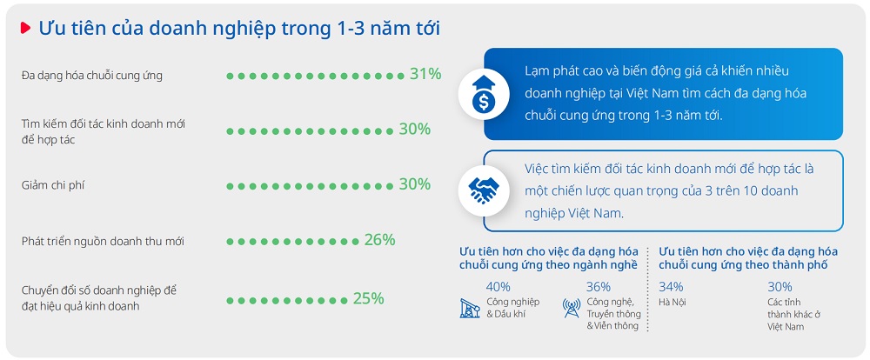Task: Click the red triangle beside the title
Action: pos(25,29)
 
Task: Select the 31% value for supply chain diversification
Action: pos(425,74)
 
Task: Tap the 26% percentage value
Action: pos(379,240)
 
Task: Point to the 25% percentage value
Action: pos(368,299)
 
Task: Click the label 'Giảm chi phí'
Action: pos(53,185)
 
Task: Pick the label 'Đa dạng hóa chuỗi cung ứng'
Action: pos(92,76)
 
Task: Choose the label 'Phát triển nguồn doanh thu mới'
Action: pos(104,241)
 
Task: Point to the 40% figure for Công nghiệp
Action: pos(499,287)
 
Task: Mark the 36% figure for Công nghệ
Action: pos(599,287)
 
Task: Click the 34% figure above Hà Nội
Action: pos(671,287)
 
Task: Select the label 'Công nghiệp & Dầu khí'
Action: pos(512,308)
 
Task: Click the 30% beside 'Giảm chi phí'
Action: pos(414,184)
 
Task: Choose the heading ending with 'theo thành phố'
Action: pos(748,258)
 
